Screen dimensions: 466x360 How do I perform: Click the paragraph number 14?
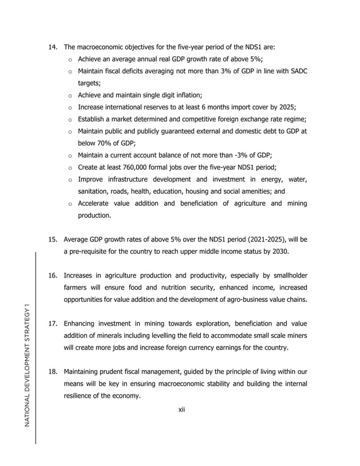click(x=52, y=47)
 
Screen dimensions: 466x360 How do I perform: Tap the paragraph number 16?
click(x=52, y=276)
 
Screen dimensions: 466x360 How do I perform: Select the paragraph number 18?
click(x=52, y=372)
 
